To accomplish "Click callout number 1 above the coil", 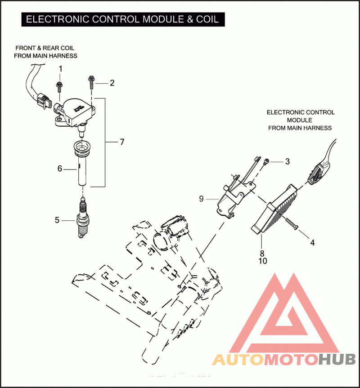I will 61,68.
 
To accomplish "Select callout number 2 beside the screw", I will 112,83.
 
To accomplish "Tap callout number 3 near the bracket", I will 287,161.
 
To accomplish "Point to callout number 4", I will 312,242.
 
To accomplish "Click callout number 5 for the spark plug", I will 57,220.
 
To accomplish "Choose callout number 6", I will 59,169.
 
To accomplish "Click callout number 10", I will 262,261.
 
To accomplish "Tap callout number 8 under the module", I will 262,253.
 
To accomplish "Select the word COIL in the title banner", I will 207,19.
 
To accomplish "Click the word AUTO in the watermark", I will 237,360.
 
